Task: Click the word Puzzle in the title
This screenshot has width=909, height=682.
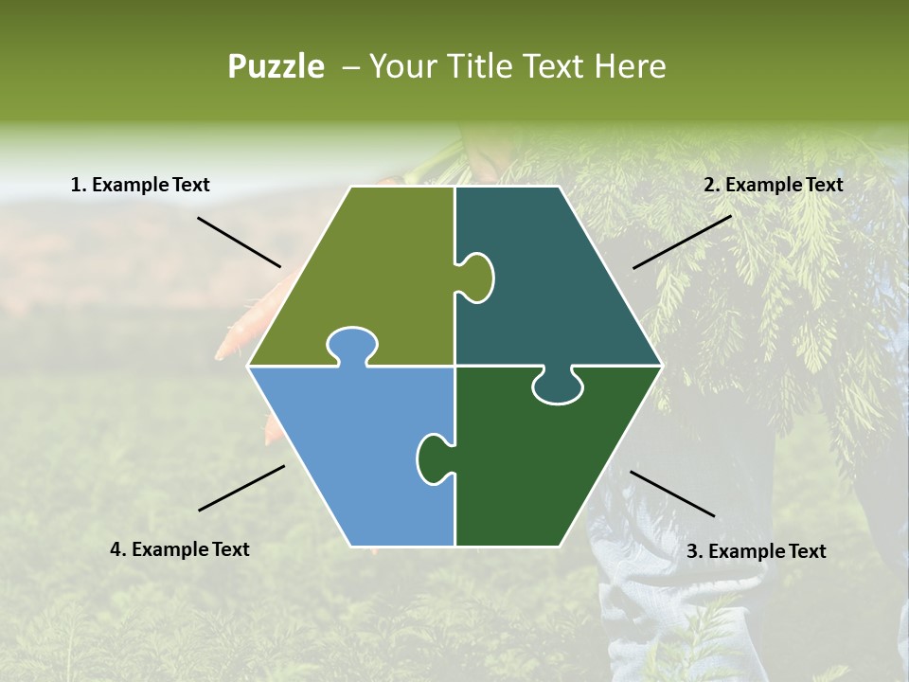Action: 276,66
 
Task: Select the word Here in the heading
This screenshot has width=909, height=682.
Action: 630,66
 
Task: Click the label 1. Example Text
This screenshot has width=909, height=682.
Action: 140,185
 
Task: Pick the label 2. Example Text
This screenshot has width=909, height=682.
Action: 773,185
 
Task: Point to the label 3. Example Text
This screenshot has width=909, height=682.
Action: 756,551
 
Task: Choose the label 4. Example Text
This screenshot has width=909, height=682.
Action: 180,549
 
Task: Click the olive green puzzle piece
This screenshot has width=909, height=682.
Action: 369,275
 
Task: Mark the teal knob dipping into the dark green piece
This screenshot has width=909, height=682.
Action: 558,386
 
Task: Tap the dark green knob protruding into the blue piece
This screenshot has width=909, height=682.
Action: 433,458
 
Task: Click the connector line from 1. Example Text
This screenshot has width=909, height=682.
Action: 239,242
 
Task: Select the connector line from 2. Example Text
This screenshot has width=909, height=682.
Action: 682,242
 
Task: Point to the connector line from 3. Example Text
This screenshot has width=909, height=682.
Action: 672,494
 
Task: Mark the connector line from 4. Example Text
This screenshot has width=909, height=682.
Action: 241,488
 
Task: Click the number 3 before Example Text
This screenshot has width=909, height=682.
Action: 692,551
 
